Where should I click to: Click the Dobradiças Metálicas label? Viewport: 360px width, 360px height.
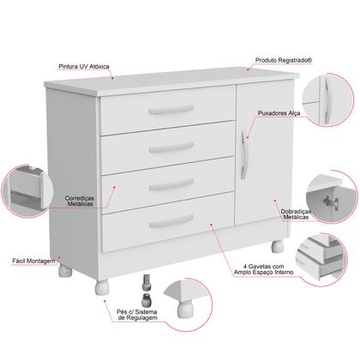[x=295, y=214]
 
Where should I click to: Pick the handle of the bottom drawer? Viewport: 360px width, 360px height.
[x=171, y=222]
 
